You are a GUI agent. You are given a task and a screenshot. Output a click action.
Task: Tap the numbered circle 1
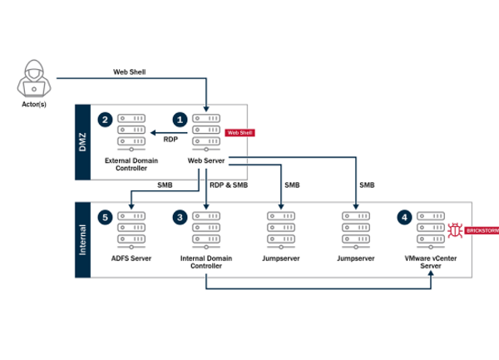click(178, 120)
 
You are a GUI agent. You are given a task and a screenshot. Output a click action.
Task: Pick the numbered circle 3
click(179, 218)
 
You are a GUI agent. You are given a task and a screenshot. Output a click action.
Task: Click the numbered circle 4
click(405, 218)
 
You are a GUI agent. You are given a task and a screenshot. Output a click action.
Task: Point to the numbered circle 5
click(104, 218)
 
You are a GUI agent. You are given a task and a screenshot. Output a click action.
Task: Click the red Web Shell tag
click(240, 132)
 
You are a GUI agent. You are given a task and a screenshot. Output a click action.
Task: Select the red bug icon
click(456, 229)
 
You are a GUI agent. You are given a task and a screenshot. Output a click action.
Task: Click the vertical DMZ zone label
click(82, 141)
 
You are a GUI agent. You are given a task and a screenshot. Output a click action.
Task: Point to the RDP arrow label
click(170, 141)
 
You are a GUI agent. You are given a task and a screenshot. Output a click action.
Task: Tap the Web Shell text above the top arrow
click(129, 72)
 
